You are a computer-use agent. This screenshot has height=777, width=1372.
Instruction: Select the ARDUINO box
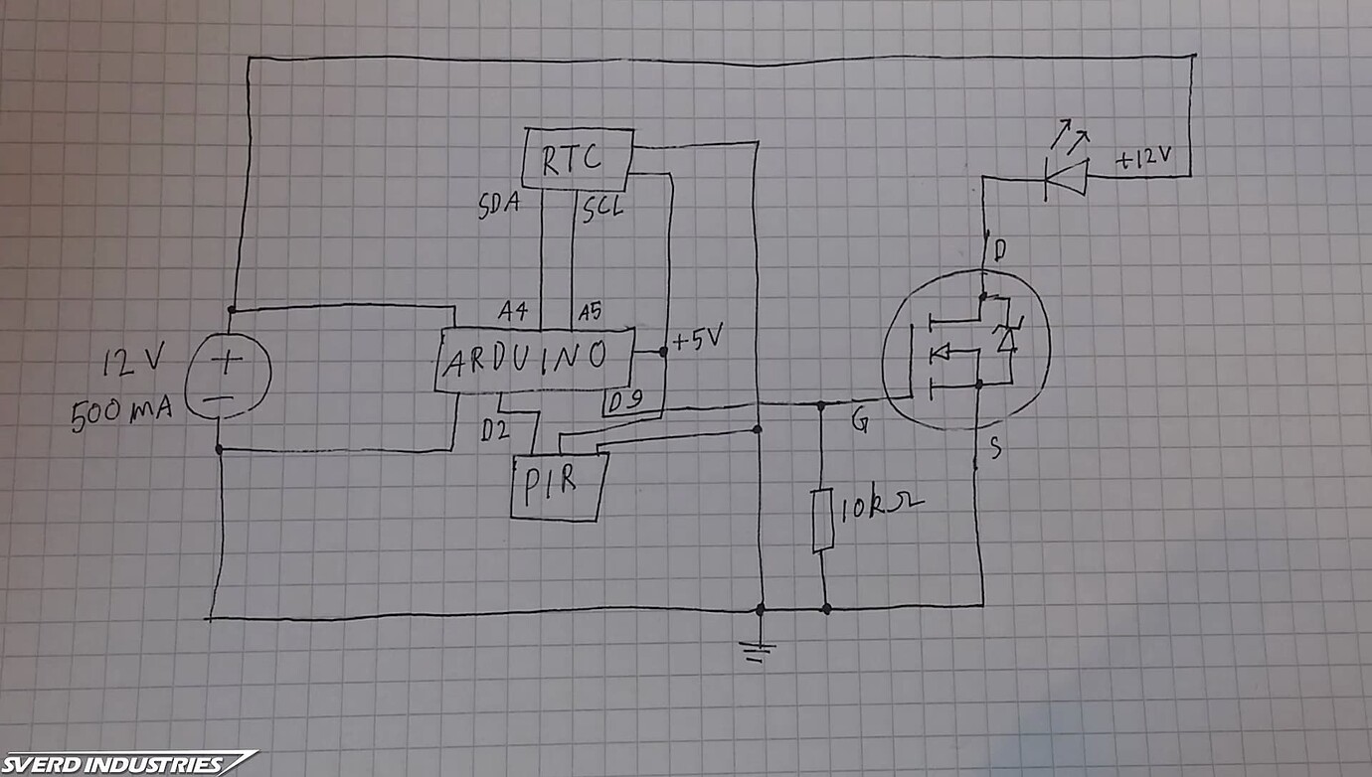(x=535, y=359)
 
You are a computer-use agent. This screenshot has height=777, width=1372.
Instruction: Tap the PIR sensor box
(x=558, y=486)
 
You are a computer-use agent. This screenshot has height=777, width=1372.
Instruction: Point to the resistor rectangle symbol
(x=822, y=520)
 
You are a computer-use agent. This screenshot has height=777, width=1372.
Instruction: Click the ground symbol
(x=760, y=651)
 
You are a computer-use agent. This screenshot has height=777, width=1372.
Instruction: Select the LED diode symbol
(x=1064, y=178)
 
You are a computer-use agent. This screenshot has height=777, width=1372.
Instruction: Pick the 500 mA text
(x=120, y=412)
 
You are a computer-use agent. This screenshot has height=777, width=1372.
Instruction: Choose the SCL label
(x=601, y=209)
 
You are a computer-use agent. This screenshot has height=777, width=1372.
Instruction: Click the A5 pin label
(x=589, y=311)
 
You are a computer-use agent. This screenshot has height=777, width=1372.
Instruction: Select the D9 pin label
(x=626, y=402)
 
